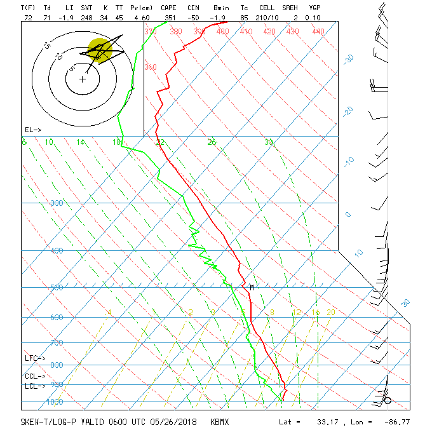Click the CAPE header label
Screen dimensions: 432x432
tap(168, 8)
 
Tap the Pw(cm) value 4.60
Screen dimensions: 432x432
tap(141, 17)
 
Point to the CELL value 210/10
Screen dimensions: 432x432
tap(267, 17)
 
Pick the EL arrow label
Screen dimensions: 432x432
tap(33, 130)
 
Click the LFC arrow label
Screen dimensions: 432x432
tap(35, 358)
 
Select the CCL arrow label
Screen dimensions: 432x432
tap(35, 376)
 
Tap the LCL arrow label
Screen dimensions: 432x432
tap(35, 386)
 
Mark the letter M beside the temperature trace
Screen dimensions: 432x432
tap(252, 287)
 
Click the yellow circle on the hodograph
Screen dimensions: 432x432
tap(98, 49)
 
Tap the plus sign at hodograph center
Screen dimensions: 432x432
tap(82, 79)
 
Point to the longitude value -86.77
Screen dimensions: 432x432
tap(397, 421)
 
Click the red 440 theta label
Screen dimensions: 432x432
tap(318, 31)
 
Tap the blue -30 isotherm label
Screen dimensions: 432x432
tap(348, 58)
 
